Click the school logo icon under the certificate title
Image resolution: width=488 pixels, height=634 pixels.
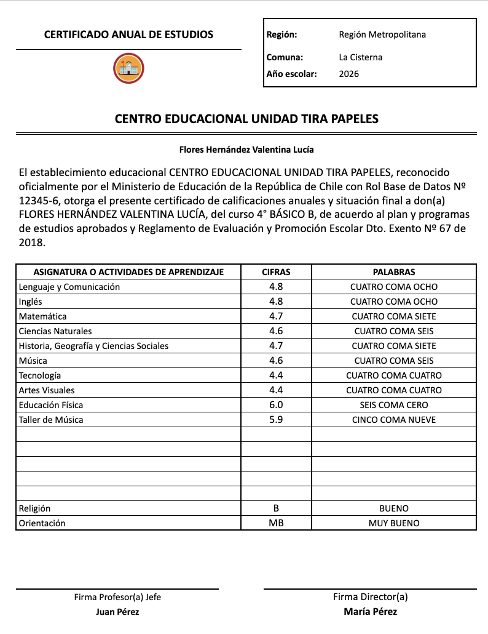pyautogui.click(x=128, y=68)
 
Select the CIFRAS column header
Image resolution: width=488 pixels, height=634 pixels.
pyautogui.click(x=276, y=272)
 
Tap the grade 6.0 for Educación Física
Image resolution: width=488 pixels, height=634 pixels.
pyautogui.click(x=276, y=405)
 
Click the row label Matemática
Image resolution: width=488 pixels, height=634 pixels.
pyautogui.click(x=43, y=316)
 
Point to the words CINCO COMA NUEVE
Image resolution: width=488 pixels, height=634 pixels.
pyautogui.click(x=394, y=420)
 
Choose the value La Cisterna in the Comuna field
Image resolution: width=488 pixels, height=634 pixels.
pyautogui.click(x=361, y=57)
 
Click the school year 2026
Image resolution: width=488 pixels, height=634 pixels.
pyautogui.click(x=349, y=74)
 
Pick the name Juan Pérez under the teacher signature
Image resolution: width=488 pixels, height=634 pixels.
pyautogui.click(x=117, y=612)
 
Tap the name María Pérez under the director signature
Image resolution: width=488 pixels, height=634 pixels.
pyautogui.click(x=371, y=612)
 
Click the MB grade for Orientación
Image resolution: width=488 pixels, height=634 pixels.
pyautogui.click(x=276, y=523)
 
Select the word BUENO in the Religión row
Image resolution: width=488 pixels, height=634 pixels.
pyautogui.click(x=394, y=508)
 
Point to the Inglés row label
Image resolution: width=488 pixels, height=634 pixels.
pyautogui.click(x=31, y=302)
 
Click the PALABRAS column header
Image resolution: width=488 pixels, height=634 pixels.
pyautogui.click(x=394, y=272)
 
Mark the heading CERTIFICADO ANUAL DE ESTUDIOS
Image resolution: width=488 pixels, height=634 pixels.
pyautogui.click(x=128, y=35)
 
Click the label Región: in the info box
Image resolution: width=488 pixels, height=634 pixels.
pyautogui.click(x=282, y=35)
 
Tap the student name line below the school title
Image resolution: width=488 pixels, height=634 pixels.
pyautogui.click(x=246, y=150)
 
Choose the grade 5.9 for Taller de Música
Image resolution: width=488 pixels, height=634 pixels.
pyautogui.click(x=276, y=420)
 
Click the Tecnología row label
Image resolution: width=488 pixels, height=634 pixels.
pyautogui.click(x=40, y=375)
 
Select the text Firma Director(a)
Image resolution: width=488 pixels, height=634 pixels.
pyautogui.click(x=371, y=597)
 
